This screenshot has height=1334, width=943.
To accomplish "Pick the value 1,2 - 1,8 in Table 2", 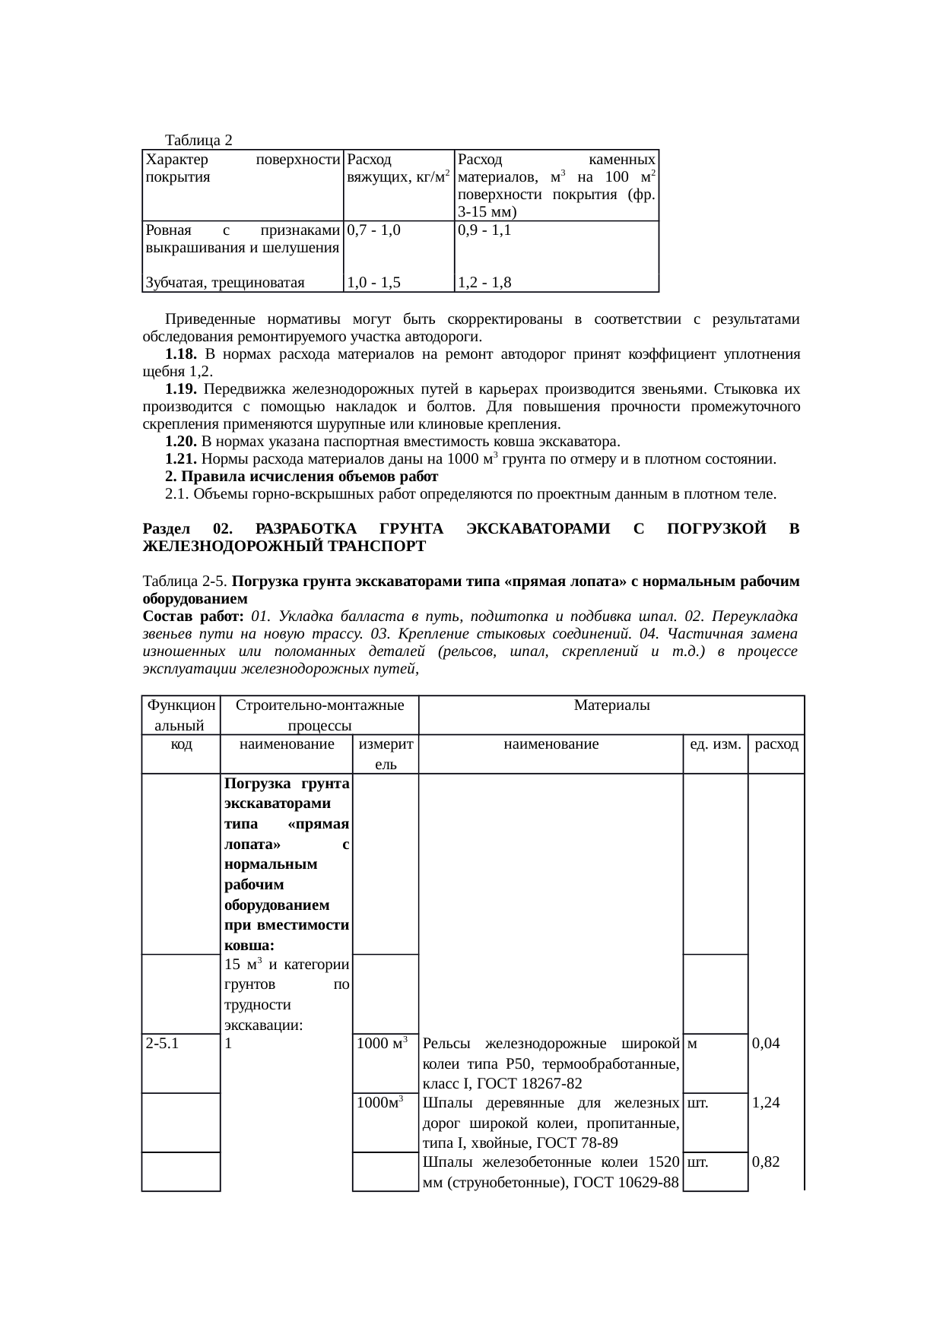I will (x=484, y=284).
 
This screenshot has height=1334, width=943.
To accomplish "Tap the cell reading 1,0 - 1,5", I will (x=373, y=284).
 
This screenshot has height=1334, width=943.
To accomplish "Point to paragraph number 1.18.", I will (x=181, y=354).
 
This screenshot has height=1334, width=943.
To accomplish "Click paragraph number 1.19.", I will (x=181, y=389).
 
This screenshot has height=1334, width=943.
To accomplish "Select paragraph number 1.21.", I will (x=181, y=459).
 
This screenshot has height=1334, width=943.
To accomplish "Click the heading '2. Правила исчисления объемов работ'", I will (x=301, y=477).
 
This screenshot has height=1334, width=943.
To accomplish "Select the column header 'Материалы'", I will (x=611, y=706).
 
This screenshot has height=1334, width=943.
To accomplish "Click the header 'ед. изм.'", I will (x=715, y=745).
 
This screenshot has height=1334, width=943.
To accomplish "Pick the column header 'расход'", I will (x=776, y=745).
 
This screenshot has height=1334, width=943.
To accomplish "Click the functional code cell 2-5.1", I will (x=162, y=1044).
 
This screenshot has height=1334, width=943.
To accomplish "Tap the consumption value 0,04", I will (x=766, y=1044).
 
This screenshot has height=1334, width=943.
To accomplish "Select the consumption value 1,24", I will (x=766, y=1103).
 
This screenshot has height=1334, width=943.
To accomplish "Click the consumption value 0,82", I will (x=766, y=1162).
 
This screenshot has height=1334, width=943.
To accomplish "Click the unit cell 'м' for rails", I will (x=691, y=1044).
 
